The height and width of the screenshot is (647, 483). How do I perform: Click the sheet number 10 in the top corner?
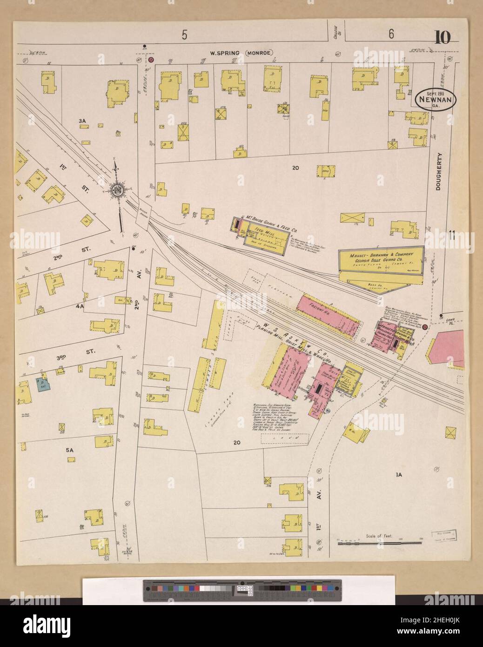[x=442, y=37]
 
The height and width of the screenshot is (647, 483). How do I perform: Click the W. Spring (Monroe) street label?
[x=241, y=53]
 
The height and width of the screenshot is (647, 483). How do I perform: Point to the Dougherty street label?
[x=441, y=171]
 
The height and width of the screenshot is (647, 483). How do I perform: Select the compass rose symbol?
[x=117, y=190]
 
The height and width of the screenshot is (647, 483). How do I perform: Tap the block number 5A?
[x=70, y=450]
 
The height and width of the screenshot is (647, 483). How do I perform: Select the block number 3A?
[x=83, y=121]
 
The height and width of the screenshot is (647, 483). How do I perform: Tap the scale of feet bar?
[x=379, y=543]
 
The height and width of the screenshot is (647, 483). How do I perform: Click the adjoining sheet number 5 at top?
[x=184, y=34]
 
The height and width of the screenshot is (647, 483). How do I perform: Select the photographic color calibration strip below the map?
[x=242, y=591]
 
